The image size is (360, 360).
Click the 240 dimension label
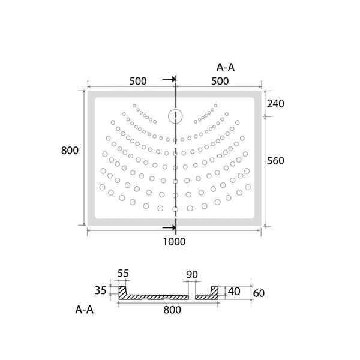(275, 104)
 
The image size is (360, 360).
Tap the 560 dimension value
(275, 161)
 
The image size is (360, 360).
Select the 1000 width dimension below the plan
(174, 242)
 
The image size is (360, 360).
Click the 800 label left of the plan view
(70, 151)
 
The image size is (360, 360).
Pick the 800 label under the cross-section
(172, 310)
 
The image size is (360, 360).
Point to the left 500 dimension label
(138, 81)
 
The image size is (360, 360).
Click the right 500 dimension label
(220, 81)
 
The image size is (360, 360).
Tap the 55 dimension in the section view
(123, 274)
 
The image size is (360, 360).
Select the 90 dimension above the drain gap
(192, 275)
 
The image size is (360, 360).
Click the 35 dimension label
(101, 290)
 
